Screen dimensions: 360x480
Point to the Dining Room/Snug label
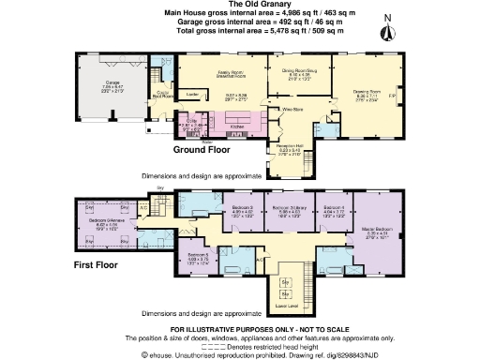click(290, 67)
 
